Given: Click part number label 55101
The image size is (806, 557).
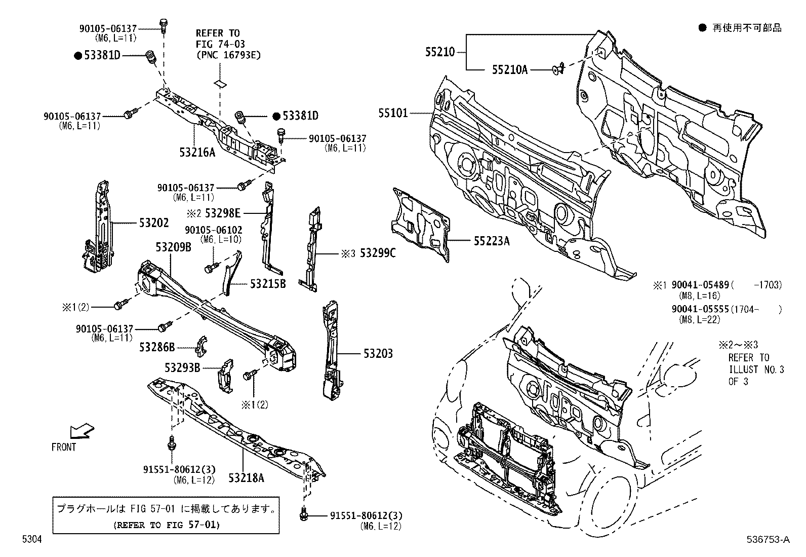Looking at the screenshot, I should pos(392,113).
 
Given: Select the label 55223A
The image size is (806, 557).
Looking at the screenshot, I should pos(492,241).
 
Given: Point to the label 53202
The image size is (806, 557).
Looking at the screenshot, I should pos(154,222).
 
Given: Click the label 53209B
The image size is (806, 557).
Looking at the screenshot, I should pos(173,247).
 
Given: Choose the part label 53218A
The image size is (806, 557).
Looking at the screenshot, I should pos(247,477).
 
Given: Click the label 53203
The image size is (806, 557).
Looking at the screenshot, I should pos(378,353).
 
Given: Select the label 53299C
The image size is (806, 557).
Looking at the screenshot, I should pos(377,253).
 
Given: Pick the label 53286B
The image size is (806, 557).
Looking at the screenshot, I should pos(157,347).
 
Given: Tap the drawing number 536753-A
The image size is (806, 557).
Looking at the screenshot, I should pos(768,540).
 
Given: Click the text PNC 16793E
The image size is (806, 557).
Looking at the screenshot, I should pos(228,55).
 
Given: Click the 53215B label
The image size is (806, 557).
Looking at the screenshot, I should pos(268,283).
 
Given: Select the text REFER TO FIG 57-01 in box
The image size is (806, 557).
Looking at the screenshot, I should pos(166,525).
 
